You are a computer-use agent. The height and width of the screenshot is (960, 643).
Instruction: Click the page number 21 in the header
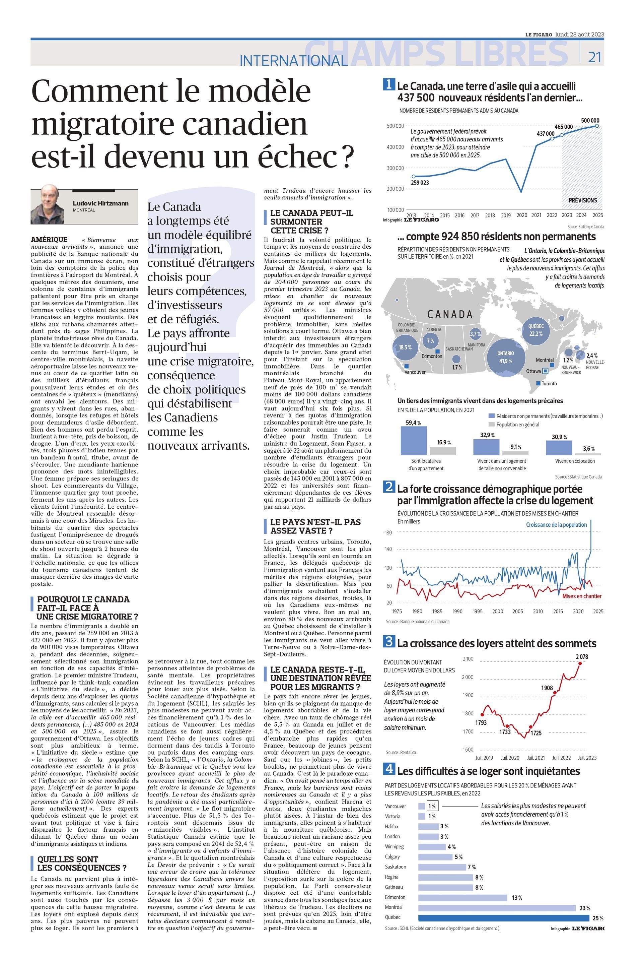pos(595,57)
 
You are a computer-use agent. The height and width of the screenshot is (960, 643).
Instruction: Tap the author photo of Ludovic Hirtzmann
pos(47,204)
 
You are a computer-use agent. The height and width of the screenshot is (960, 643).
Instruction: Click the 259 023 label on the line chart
pos(420,183)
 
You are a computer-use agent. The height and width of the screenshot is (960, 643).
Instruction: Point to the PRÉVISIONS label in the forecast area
pos(582,200)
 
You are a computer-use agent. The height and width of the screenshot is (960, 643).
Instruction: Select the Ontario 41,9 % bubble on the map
pos(506,357)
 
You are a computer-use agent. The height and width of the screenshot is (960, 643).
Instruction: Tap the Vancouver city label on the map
pos(415,372)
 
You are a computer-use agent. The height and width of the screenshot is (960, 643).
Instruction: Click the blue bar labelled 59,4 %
pos(413,441)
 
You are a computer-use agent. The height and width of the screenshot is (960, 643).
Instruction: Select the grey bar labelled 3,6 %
pos(588,454)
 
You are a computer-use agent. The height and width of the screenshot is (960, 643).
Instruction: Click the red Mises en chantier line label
pos(581,596)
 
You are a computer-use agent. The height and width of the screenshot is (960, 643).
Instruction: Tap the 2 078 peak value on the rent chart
pos(581,657)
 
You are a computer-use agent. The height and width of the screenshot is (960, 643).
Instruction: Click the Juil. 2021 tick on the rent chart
pos(535,758)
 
